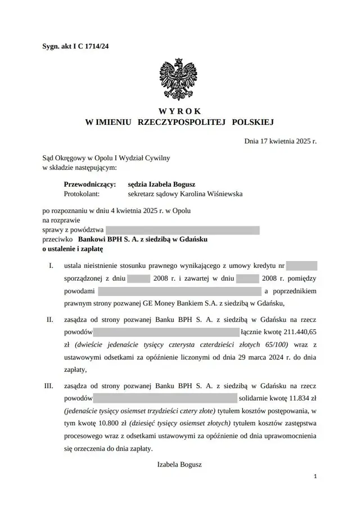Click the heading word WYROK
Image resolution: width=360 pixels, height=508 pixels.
pos(179,111)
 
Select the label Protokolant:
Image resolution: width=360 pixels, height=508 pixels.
pos(82,194)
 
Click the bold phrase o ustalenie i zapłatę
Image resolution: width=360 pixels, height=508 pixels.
pos(73,248)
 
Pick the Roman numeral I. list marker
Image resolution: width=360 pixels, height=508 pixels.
pos(51,264)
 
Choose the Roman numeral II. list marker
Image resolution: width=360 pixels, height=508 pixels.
pos(49,319)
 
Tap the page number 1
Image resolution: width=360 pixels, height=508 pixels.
pos(316,476)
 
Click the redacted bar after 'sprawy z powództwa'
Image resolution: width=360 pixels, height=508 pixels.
pos(182,230)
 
